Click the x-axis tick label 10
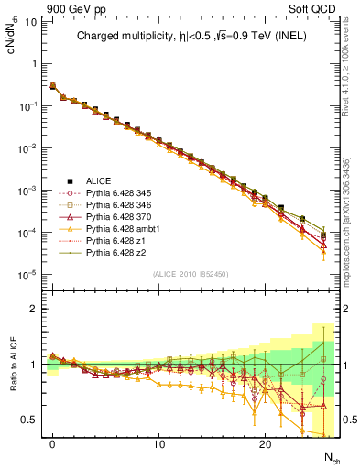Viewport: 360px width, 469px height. [x=158, y=445]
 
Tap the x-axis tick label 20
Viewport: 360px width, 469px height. [x=265, y=445]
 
